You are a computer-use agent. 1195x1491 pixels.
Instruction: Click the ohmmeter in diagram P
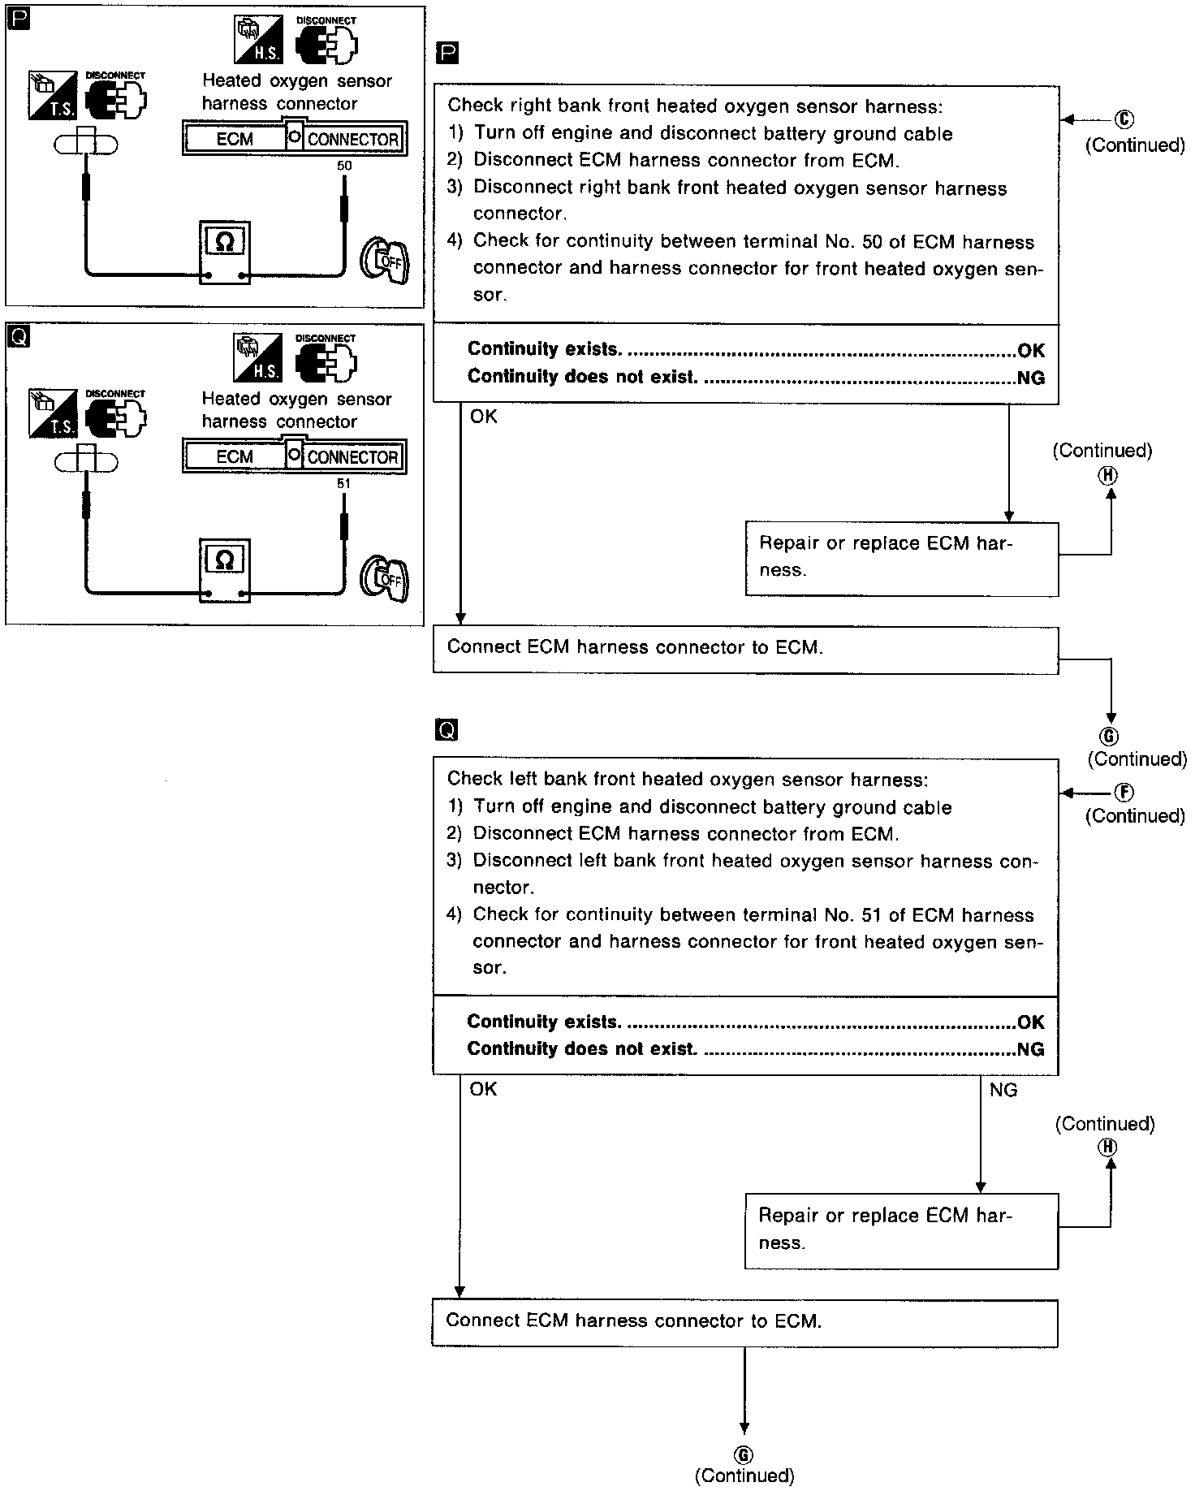[x=225, y=252]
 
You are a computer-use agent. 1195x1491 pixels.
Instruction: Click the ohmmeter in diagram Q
[x=225, y=570]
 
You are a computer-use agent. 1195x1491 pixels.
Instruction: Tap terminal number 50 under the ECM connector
[x=344, y=166]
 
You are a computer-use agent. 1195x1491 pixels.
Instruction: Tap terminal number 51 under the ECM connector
[x=344, y=484]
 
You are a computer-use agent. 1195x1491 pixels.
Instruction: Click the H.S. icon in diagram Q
[x=257, y=358]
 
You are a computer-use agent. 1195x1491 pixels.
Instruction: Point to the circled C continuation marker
[x=1124, y=119]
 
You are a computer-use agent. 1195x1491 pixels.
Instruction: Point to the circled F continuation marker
[x=1125, y=793]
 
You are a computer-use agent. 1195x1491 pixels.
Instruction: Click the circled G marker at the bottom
[x=744, y=1455]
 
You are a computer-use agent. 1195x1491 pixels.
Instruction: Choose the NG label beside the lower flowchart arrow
[x=1003, y=1090]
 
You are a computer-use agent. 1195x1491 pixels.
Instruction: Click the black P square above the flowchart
[x=447, y=54]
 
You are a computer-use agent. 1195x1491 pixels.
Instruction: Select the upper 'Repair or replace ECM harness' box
[x=901, y=559]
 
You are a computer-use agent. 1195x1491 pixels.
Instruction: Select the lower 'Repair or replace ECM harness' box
[x=901, y=1231]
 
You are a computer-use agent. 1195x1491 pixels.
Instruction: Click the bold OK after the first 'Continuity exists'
[x=1031, y=351]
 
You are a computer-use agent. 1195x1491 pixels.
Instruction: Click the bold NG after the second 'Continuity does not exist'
[x=1030, y=1049]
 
